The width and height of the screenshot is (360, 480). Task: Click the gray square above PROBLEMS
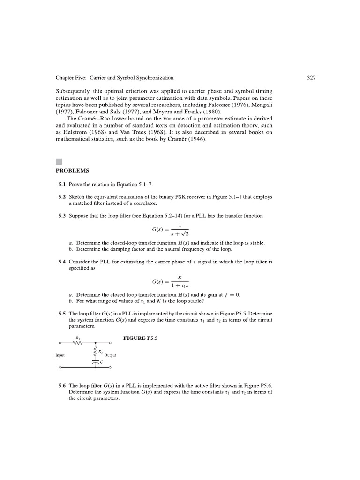click(59, 162)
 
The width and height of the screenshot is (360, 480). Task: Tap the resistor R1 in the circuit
click(77, 342)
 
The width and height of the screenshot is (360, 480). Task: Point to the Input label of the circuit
click(60, 356)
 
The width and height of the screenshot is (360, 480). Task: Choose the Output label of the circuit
click(110, 356)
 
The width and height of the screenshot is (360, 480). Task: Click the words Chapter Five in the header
click(69, 77)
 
